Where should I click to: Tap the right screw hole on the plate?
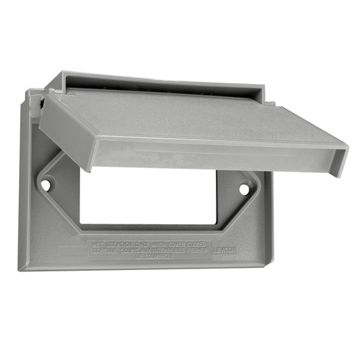click(245, 189)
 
